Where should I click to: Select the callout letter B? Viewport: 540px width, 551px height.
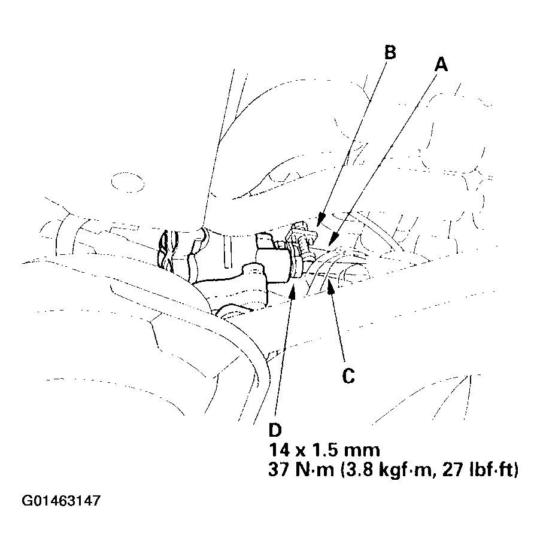click(x=390, y=53)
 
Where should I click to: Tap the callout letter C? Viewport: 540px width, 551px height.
click(x=348, y=376)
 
